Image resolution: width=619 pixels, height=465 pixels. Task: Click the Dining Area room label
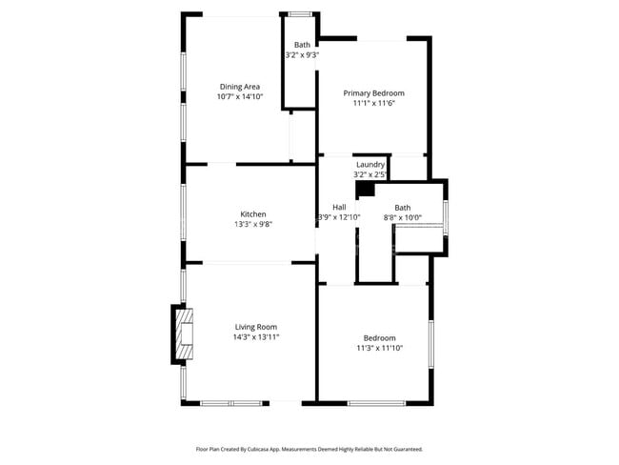point(240,87)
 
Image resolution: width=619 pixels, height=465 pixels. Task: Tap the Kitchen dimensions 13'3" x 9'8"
point(253,225)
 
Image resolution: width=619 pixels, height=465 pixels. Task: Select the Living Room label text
point(256,327)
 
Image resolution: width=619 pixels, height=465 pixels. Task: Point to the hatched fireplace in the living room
point(185,334)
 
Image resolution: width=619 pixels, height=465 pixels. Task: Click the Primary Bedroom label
point(374,93)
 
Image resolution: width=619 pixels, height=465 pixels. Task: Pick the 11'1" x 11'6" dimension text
point(374,104)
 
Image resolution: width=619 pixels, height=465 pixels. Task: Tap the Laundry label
point(370,165)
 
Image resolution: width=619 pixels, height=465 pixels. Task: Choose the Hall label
point(339,207)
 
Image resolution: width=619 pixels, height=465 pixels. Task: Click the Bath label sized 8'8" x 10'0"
point(402,208)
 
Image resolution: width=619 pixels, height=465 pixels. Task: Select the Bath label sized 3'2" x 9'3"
point(302,45)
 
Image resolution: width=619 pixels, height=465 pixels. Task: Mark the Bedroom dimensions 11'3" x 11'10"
point(379,348)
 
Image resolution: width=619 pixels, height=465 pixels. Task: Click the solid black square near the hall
point(366,189)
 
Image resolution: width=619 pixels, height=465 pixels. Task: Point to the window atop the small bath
point(300,14)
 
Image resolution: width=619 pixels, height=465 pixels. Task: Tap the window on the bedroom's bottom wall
point(376,403)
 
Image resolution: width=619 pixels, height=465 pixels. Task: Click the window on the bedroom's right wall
point(431,345)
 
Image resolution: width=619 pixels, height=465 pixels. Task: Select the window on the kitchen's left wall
point(183,212)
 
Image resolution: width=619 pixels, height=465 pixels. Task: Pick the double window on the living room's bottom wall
point(231,403)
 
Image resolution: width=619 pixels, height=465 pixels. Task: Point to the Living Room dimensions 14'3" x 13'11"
point(256,337)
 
